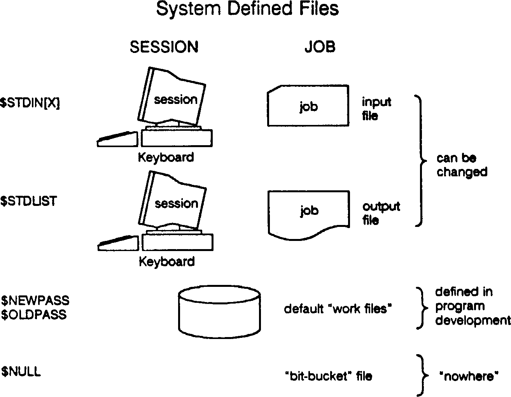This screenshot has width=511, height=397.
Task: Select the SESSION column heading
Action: point(164,47)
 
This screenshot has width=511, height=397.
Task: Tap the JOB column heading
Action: point(320,47)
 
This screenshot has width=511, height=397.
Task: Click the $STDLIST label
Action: point(28,201)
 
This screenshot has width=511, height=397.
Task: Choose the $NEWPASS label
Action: point(35,300)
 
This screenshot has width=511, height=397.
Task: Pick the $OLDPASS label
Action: point(34,314)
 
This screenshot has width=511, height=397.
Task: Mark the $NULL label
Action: point(21,372)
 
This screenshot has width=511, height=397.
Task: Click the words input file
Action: point(376,109)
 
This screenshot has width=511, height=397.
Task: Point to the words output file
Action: point(381,213)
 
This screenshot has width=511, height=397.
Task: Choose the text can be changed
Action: point(461,165)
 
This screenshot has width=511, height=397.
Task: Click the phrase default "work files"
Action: point(338,309)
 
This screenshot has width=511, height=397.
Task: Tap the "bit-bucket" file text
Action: point(329,376)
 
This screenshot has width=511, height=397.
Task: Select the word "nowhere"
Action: point(469,376)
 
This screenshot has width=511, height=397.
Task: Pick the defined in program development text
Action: point(472,306)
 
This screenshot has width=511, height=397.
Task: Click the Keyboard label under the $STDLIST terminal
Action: point(166,262)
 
